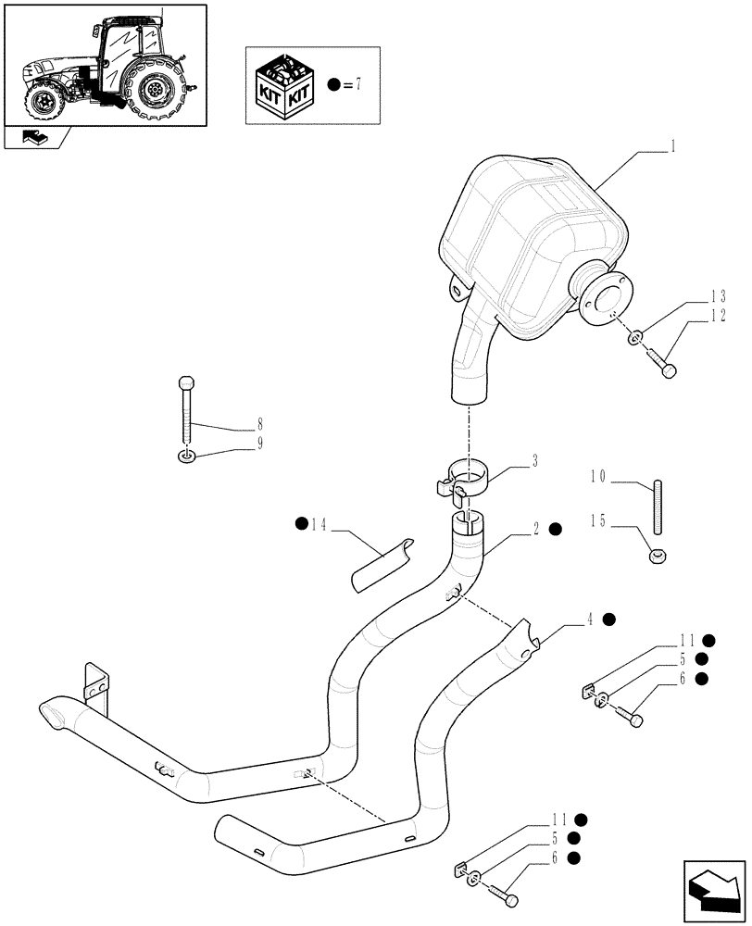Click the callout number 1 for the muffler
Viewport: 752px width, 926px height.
point(673,145)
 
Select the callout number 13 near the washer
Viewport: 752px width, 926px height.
point(718,297)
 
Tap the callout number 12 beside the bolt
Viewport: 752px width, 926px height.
point(718,316)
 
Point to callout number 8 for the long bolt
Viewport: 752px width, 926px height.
point(260,427)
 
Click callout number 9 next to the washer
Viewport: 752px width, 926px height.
point(260,444)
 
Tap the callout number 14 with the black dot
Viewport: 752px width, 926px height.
point(319,525)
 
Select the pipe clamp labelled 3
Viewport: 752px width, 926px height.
point(466,480)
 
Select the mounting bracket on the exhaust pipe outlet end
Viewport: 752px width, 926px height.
point(97,684)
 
